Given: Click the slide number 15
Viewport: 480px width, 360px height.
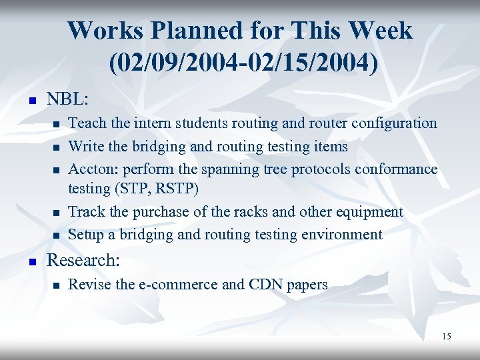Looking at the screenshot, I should [x=446, y=336].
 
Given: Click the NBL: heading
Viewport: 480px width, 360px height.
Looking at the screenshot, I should [x=67, y=99].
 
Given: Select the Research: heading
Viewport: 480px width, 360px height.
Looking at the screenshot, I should [x=83, y=260].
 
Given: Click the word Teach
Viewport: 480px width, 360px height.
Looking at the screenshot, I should [x=87, y=123].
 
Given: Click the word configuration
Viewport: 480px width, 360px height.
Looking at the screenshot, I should [x=393, y=123].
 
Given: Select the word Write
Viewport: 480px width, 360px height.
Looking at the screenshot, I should [x=87, y=146].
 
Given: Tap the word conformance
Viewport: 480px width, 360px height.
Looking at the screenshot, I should [x=395, y=169].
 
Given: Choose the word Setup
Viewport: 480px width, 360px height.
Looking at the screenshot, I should [x=87, y=235].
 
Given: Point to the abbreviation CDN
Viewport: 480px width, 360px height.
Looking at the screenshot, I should [x=265, y=285].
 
